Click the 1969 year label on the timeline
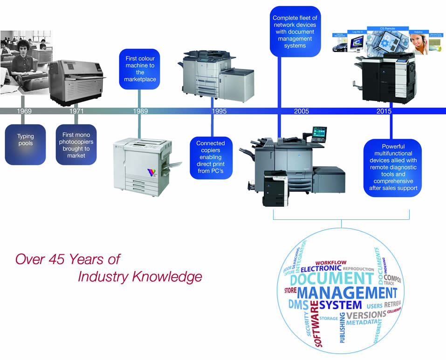click(x=25, y=111)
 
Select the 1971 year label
click(x=76, y=111)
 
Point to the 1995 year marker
click(x=219, y=111)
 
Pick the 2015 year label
click(x=384, y=111)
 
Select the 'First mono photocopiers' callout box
click(x=76, y=145)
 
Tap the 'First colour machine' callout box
click(x=140, y=69)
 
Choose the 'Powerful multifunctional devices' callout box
click(x=392, y=168)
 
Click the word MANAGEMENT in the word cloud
click(x=346, y=293)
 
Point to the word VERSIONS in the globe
click(x=366, y=314)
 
